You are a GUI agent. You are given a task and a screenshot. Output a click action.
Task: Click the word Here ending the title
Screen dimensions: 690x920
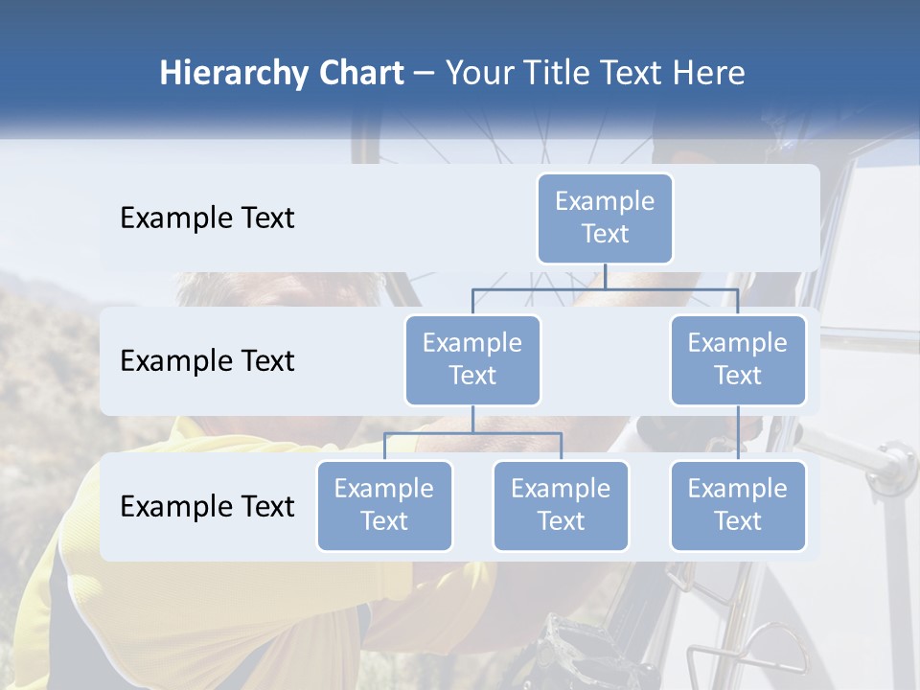click(x=708, y=74)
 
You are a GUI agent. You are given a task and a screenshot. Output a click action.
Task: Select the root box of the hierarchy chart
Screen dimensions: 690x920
click(x=605, y=218)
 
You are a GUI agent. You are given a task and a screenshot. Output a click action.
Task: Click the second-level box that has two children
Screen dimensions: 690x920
click(x=472, y=359)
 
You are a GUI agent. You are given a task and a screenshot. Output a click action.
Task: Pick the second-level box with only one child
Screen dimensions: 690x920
click(x=738, y=359)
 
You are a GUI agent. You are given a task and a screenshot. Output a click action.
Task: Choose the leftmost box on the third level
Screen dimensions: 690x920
click(x=384, y=505)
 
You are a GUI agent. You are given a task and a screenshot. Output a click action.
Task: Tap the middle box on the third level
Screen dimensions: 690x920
click(x=561, y=505)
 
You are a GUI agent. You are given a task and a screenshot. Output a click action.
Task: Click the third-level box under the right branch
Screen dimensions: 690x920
click(x=738, y=505)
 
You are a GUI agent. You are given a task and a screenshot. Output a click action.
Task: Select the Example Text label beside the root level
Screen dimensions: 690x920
click(x=207, y=218)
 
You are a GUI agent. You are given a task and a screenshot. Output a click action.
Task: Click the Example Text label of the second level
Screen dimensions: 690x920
click(x=207, y=361)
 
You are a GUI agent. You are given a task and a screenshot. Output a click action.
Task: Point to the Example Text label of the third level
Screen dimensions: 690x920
click(x=207, y=507)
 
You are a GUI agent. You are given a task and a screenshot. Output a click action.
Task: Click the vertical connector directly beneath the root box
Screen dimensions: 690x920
click(x=605, y=276)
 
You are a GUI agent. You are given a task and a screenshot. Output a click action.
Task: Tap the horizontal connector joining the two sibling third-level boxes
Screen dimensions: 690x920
click(x=472, y=433)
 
